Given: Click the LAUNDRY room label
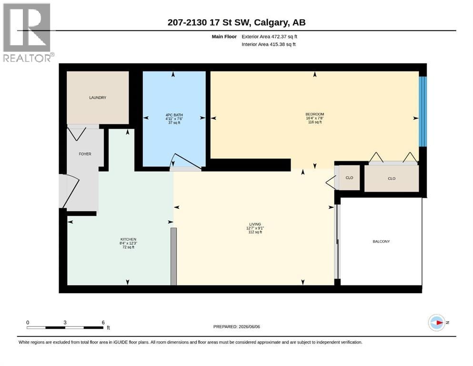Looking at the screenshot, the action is (x=98, y=98).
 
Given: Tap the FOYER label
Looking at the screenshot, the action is (x=85, y=154).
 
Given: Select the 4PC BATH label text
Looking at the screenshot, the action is (x=174, y=115).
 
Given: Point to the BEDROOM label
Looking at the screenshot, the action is (x=315, y=114).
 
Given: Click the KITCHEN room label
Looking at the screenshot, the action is (x=128, y=239).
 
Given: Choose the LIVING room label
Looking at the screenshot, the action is (x=255, y=224).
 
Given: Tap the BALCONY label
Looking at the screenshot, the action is (x=381, y=242).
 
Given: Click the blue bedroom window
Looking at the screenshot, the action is (x=423, y=112).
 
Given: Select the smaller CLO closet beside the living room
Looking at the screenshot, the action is (x=349, y=178).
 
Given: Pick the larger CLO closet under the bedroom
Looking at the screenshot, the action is (x=392, y=178).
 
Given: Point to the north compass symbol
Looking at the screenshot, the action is (x=436, y=323).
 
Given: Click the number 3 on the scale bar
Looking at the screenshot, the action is (x=65, y=322).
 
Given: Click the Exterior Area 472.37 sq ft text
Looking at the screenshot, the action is (x=270, y=37).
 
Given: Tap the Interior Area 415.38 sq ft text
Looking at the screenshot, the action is (x=269, y=44).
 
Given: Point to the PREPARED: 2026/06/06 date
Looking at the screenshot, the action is (x=236, y=326).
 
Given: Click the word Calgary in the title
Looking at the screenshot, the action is (x=271, y=22).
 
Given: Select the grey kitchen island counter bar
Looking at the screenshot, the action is (x=173, y=256).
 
